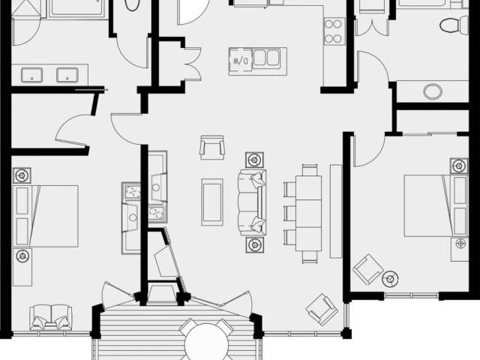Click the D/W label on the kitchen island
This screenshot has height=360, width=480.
tap(240, 61)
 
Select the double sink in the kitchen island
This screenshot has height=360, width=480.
tap(266, 58)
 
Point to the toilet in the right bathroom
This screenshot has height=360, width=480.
tap(454, 25)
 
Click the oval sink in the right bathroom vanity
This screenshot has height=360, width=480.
tap(433, 91)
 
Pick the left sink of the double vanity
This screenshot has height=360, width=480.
tap(31, 75)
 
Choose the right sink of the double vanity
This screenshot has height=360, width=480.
tap(67, 75)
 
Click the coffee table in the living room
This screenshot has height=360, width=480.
tap(212, 202)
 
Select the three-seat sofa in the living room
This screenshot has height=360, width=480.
tap(252, 202)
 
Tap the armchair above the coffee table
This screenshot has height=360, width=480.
tap(211, 147)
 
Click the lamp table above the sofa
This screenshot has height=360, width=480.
tap(254, 160)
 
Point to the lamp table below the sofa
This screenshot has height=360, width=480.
tap(255, 244)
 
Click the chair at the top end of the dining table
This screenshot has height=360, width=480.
tap(310, 169)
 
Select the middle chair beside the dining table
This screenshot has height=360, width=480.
tap(289, 213)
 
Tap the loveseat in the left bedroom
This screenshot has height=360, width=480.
tap(51, 317)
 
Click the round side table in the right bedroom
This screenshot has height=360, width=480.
tap(390, 279)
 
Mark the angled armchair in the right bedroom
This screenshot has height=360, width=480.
tap(367, 269)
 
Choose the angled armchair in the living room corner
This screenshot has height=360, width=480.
tap(322, 310)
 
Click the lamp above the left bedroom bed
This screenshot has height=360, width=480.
tap(22, 175)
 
